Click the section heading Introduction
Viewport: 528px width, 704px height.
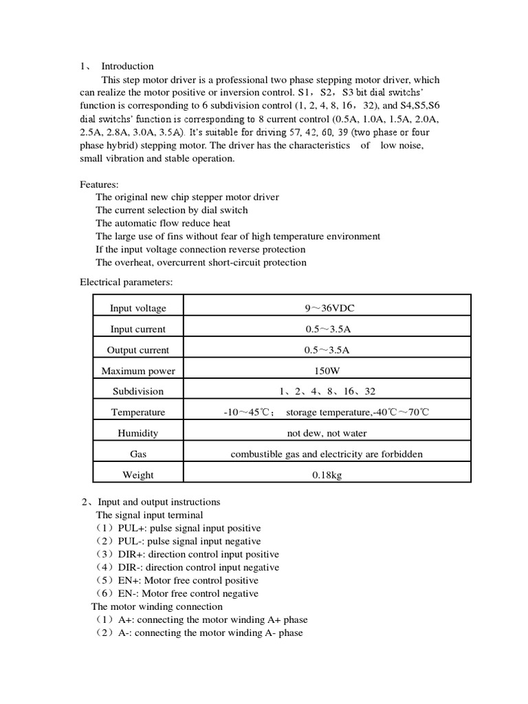click(x=127, y=66)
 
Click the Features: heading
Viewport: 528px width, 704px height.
click(x=99, y=184)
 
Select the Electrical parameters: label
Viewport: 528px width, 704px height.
click(x=126, y=282)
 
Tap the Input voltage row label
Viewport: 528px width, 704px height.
click(x=137, y=308)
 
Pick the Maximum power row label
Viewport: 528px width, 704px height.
click(x=137, y=371)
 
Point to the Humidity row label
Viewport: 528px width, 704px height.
click(x=137, y=433)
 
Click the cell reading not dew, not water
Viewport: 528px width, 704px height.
click(x=327, y=433)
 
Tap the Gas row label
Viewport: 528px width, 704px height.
click(x=137, y=454)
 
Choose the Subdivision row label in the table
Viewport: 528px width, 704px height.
click(x=137, y=391)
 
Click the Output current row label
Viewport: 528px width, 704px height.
click(x=137, y=350)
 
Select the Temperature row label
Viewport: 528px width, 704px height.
click(x=137, y=412)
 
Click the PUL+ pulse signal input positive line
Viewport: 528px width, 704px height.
click(x=179, y=528)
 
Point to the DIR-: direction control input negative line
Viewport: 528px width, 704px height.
click(x=187, y=567)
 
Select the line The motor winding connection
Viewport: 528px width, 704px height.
click(x=157, y=606)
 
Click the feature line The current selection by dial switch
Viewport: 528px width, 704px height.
click(x=172, y=210)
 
